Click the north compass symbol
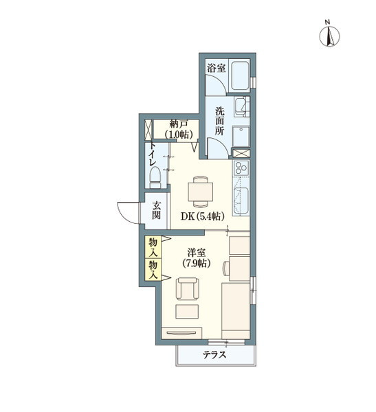(x=329, y=36)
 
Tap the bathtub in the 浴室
(x=240, y=76)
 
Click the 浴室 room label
(x=217, y=68)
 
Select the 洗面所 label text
(x=219, y=121)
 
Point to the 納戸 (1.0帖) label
(x=179, y=129)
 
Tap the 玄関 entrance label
(x=156, y=210)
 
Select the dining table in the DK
(x=200, y=192)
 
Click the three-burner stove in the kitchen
(x=241, y=168)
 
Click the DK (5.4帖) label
(x=202, y=216)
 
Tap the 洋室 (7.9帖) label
(x=197, y=258)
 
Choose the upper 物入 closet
(x=153, y=247)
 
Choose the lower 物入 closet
(x=153, y=269)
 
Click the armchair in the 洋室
(x=188, y=288)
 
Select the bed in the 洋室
(x=236, y=311)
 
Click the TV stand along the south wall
(x=181, y=333)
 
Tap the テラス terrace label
(x=214, y=355)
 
